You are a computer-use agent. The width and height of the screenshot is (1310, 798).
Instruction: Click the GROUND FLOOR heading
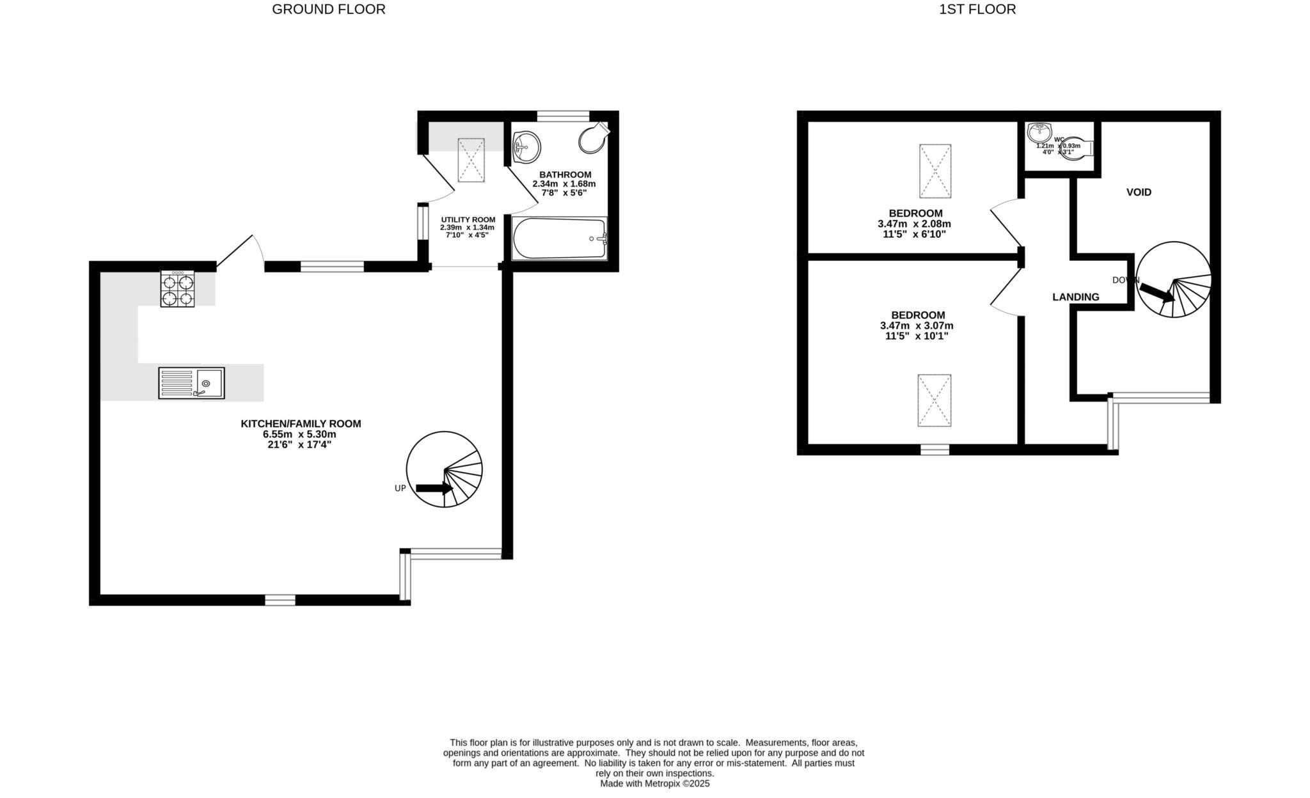(x=328, y=10)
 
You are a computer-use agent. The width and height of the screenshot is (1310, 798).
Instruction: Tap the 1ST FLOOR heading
(x=977, y=10)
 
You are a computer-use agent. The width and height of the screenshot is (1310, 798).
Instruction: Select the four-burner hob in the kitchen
(x=177, y=289)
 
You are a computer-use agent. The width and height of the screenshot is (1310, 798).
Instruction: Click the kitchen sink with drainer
(x=191, y=383)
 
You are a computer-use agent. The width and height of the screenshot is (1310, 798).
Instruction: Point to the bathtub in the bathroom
(x=560, y=239)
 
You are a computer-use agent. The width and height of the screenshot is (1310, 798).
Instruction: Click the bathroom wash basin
(x=526, y=146)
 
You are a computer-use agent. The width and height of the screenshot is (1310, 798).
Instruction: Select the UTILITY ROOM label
(x=468, y=219)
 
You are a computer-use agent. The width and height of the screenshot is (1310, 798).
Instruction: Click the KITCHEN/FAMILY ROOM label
(x=301, y=423)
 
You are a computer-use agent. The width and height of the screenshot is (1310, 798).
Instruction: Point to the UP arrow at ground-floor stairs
(x=434, y=489)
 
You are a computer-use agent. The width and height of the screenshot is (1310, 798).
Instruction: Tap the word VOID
(x=1139, y=192)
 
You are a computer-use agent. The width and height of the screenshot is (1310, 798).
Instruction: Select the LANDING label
(x=1075, y=297)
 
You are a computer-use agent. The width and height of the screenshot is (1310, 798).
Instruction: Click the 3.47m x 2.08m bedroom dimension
(x=914, y=224)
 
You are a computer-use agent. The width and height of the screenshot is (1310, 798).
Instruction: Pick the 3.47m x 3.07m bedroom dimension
(x=917, y=325)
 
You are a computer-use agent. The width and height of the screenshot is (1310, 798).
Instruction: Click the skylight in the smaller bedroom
(x=935, y=171)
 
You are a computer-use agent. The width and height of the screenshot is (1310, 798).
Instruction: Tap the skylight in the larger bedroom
(x=934, y=400)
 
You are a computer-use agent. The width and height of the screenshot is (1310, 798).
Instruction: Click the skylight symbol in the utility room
(x=471, y=160)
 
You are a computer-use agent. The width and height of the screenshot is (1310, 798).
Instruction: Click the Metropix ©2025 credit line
(x=654, y=783)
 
